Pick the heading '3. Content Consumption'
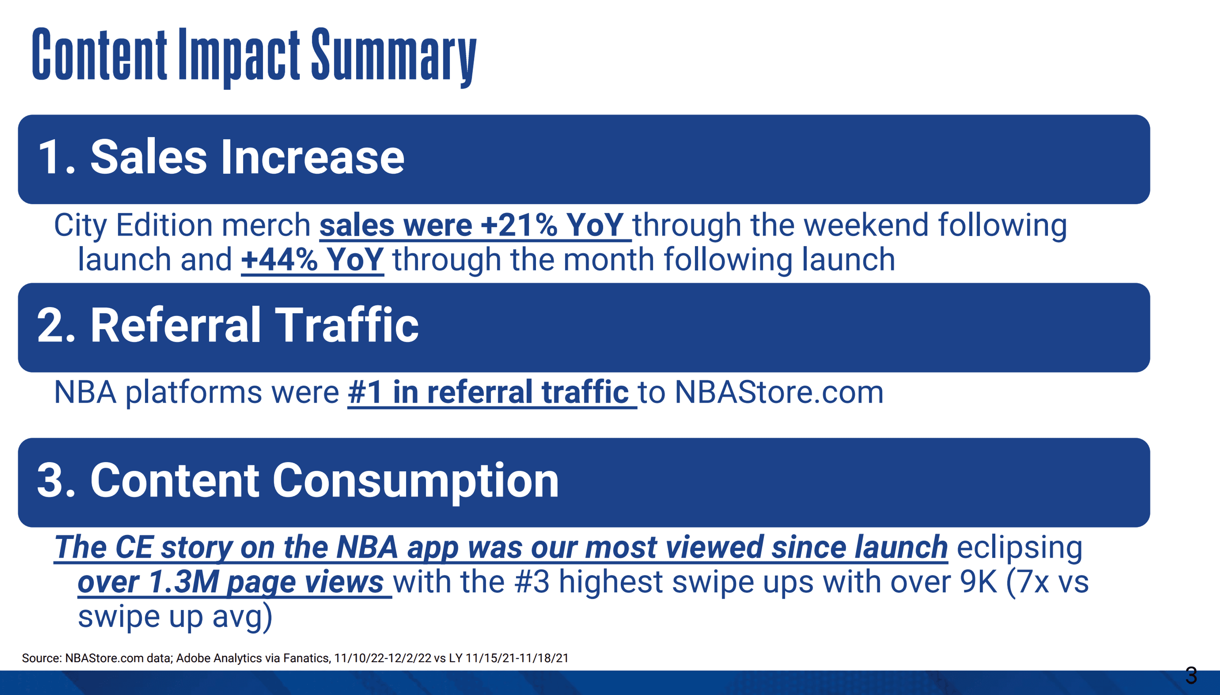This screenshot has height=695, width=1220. (x=298, y=481)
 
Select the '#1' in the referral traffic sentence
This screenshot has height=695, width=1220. (x=365, y=392)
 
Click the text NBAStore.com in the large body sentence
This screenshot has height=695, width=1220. (x=779, y=392)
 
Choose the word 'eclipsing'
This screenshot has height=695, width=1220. (x=1020, y=548)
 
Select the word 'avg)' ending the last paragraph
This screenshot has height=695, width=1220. (x=242, y=617)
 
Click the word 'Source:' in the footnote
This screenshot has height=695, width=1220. (x=42, y=658)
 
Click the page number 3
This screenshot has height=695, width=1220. (x=1191, y=676)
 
